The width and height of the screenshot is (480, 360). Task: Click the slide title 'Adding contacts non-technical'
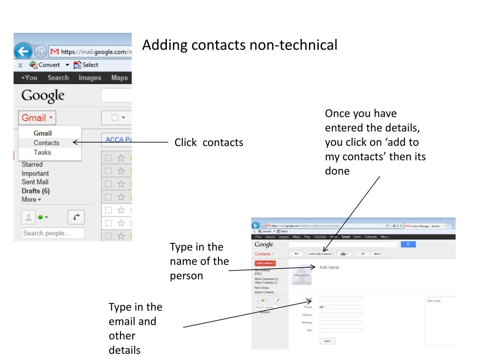coord(240,45)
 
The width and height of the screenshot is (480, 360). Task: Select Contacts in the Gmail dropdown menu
coord(46,142)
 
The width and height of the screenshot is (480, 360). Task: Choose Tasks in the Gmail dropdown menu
coord(42,152)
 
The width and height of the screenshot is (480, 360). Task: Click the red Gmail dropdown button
coord(37,118)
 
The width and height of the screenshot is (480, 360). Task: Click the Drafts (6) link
coord(36,191)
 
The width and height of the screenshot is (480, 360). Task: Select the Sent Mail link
coord(35,182)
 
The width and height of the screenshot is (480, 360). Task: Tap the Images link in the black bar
coord(90,78)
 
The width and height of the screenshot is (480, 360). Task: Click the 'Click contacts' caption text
coord(209,142)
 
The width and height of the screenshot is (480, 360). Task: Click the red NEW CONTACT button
coord(265,263)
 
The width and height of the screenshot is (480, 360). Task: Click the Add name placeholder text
coord(329,267)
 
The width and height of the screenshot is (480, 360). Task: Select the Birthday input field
coord(341,322)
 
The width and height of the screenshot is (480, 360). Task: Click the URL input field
coord(341,330)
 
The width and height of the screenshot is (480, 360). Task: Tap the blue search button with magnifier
coord(407,244)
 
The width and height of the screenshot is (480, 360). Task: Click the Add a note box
coord(440,321)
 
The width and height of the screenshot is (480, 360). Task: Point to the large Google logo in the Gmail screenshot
coord(43,96)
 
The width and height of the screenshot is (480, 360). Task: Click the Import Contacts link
coord(265,292)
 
